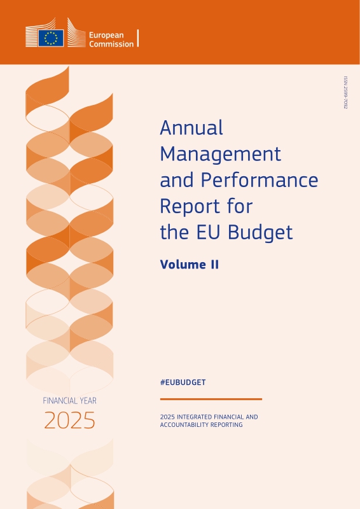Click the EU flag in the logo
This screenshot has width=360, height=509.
click(51, 38)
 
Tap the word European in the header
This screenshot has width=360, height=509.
click(106, 36)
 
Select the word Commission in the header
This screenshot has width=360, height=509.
click(111, 44)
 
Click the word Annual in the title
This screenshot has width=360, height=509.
click(191, 128)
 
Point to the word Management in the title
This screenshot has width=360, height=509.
click(221, 154)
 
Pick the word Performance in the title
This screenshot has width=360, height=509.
click(260, 180)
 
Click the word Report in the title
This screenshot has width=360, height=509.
click(188, 206)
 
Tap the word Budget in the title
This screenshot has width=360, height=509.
click(260, 232)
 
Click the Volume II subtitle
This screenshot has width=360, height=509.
click(190, 265)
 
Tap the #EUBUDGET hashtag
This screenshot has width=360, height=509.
click(183, 382)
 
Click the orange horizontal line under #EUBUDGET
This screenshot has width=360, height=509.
click(211, 400)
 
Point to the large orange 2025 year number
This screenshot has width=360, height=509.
click(69, 421)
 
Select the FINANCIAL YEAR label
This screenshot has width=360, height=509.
click(69, 401)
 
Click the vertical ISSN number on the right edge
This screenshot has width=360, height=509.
click(346, 92)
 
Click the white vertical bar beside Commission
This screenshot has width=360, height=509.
click(138, 38)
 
